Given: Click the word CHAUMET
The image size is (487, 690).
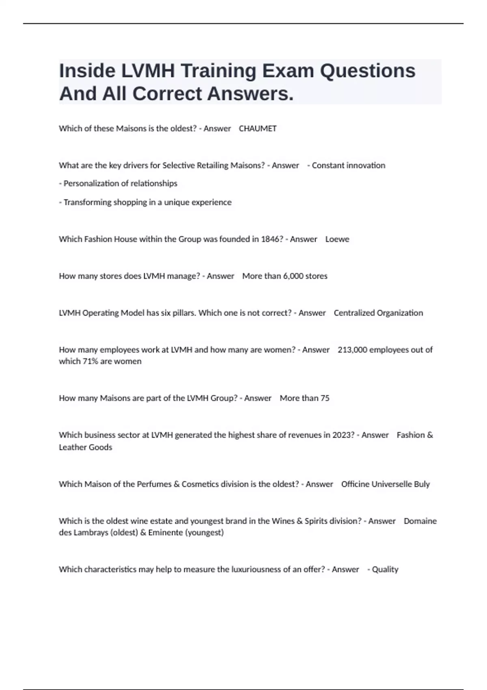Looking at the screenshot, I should click(257, 129).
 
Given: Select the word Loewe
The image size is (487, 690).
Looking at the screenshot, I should click(337, 239).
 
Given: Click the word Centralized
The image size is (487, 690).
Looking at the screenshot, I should click(354, 313).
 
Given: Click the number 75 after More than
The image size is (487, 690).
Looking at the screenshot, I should click(325, 398).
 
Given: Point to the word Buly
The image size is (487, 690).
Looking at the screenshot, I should click(422, 484).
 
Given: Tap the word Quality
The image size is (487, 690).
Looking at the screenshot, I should click(385, 569).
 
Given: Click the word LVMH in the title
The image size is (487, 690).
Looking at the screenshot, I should click(148, 71).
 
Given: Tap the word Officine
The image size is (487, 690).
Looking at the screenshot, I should click(355, 484).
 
